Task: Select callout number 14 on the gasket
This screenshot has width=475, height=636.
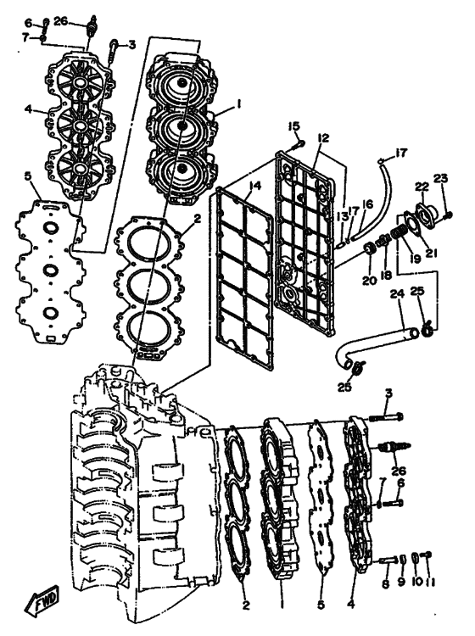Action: coord(255,187)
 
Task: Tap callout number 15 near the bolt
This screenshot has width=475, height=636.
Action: coord(293,126)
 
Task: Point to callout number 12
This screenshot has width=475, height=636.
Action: coord(324,138)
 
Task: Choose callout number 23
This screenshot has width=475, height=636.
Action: coord(440,178)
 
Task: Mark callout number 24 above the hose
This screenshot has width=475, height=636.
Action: coord(397,293)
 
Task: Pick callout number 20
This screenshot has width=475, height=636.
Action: coord(370,281)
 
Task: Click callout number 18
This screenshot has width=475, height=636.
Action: coord(386,275)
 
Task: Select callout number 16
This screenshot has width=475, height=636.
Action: coord(367,204)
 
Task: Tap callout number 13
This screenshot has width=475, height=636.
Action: coord(343,216)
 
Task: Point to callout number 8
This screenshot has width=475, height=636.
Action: coord(386,584)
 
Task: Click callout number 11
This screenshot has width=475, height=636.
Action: coord(430,583)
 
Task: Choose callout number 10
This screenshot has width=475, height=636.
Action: coord(416,583)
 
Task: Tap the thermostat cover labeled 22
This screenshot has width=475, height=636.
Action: coord(426,213)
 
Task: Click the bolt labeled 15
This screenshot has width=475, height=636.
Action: coord(300,143)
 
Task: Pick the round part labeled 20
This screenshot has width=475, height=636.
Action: coord(370,248)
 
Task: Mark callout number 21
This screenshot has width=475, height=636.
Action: coord(429,253)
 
